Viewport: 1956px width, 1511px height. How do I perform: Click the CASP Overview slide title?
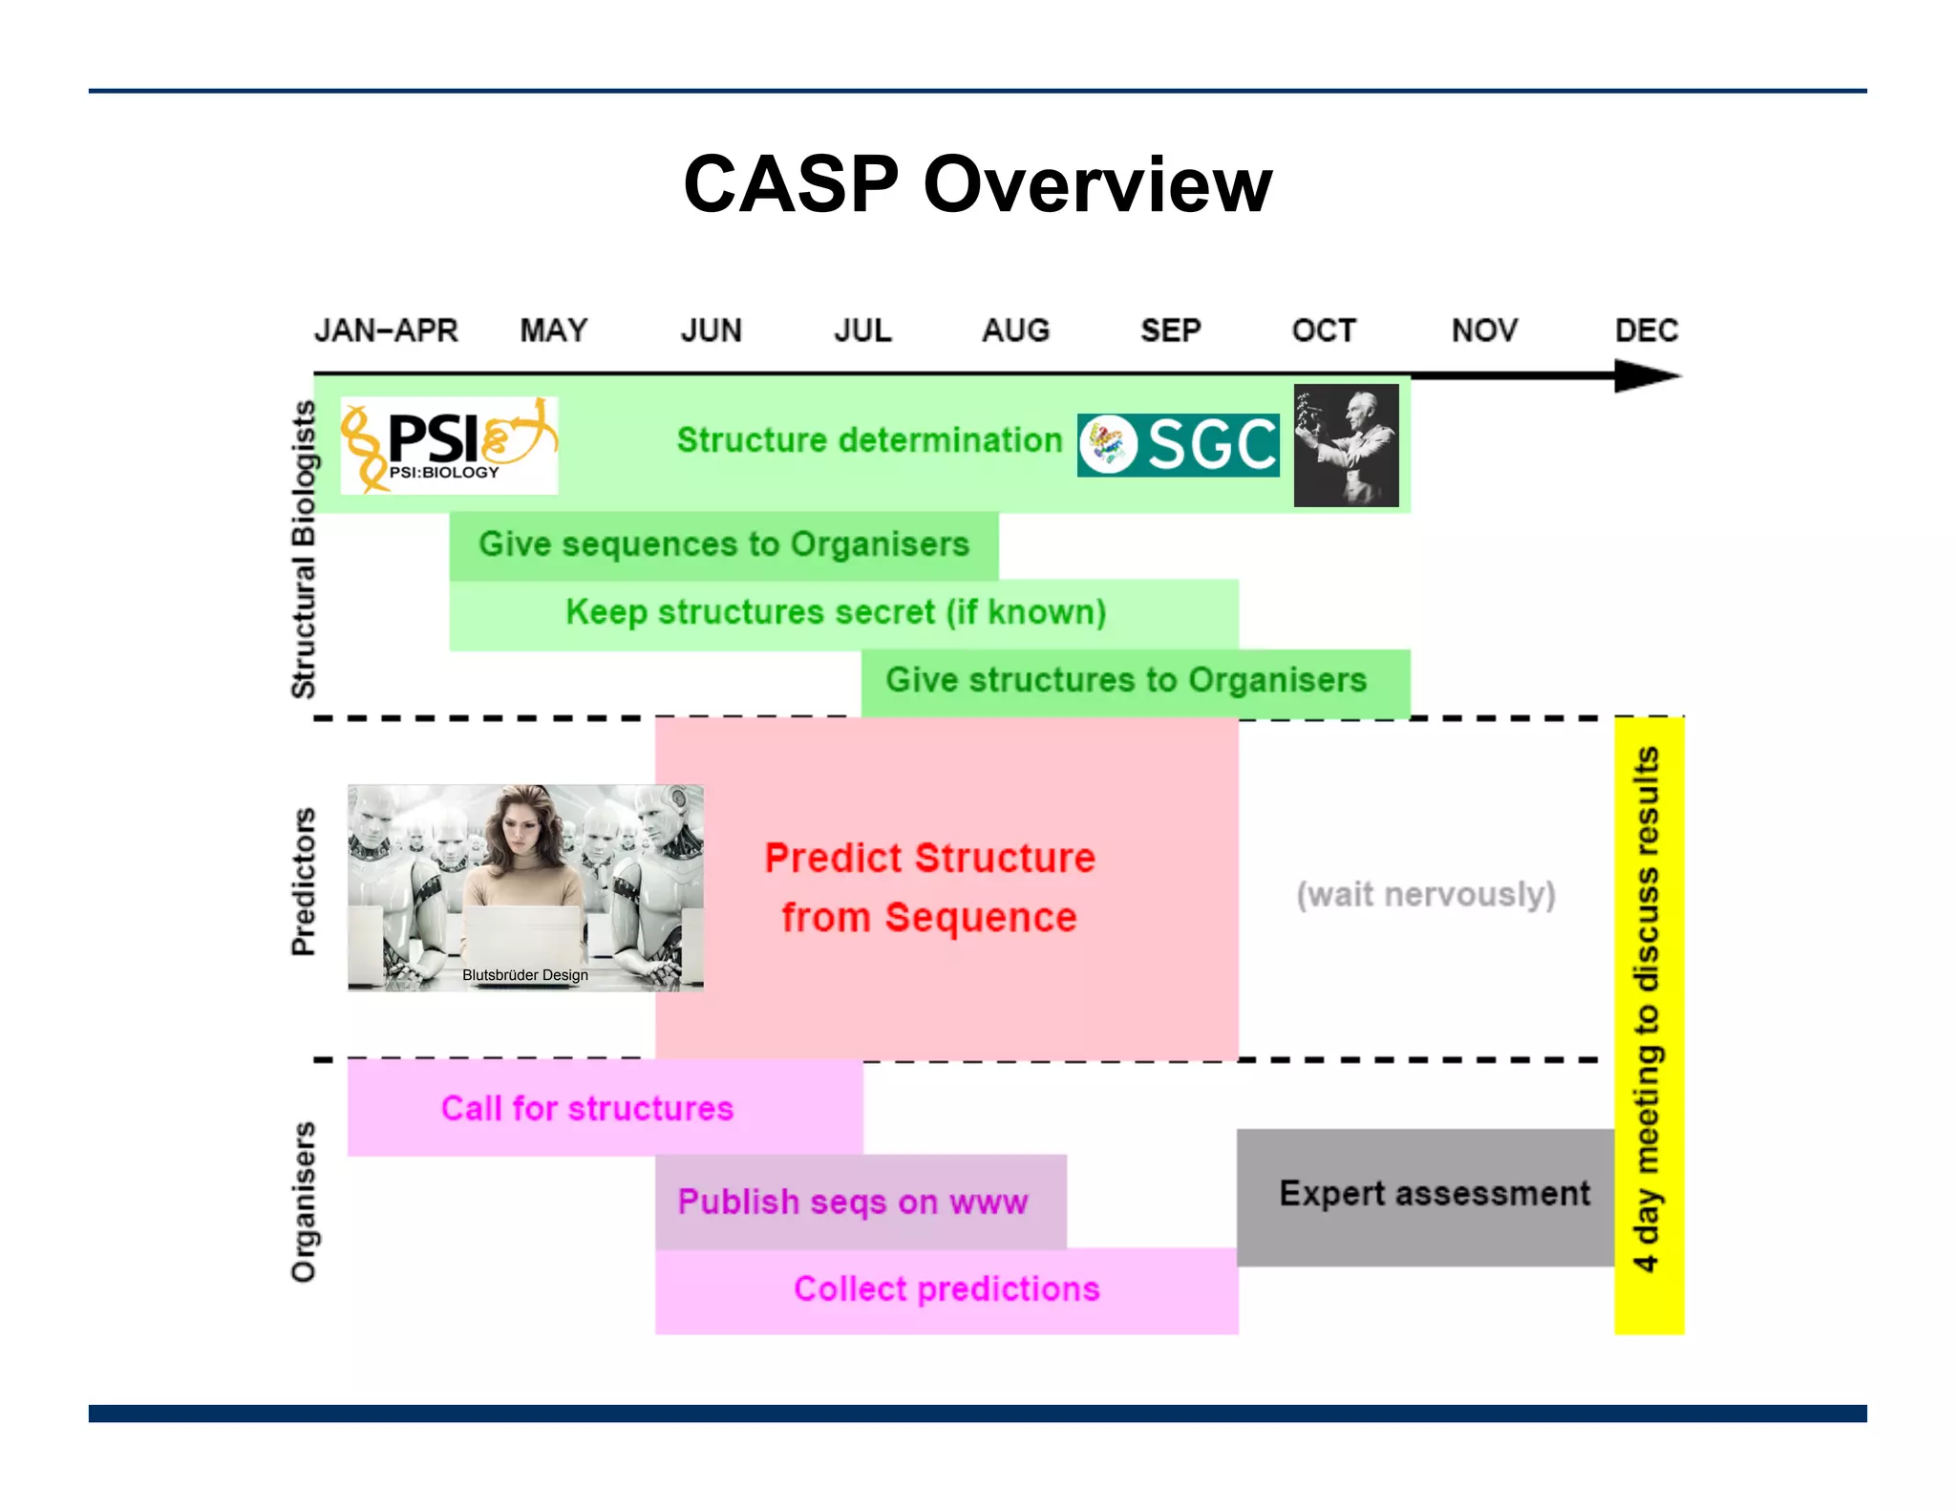[977, 183]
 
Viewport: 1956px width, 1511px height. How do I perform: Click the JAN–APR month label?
[386, 330]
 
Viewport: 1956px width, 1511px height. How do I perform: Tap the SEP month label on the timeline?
[1170, 330]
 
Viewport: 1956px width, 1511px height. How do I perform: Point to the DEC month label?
[1646, 330]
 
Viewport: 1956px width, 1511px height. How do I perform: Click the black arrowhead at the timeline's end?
[1645, 375]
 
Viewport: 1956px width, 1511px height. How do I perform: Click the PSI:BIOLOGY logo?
[449, 445]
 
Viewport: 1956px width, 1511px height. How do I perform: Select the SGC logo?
[1178, 445]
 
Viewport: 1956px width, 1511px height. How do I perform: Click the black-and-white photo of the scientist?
[1346, 445]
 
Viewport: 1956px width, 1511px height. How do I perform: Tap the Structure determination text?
[869, 440]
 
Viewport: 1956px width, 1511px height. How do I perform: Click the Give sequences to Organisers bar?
[723, 544]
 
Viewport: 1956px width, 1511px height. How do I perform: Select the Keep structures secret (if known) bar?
[836, 612]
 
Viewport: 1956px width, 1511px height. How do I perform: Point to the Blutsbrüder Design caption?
[525, 975]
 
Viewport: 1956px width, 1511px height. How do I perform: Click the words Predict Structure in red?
[929, 858]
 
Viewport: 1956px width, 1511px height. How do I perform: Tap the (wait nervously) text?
[1425, 895]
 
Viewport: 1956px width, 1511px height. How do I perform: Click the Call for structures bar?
[587, 1108]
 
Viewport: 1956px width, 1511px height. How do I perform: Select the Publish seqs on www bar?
[853, 1202]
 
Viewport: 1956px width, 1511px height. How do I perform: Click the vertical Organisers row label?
[303, 1202]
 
